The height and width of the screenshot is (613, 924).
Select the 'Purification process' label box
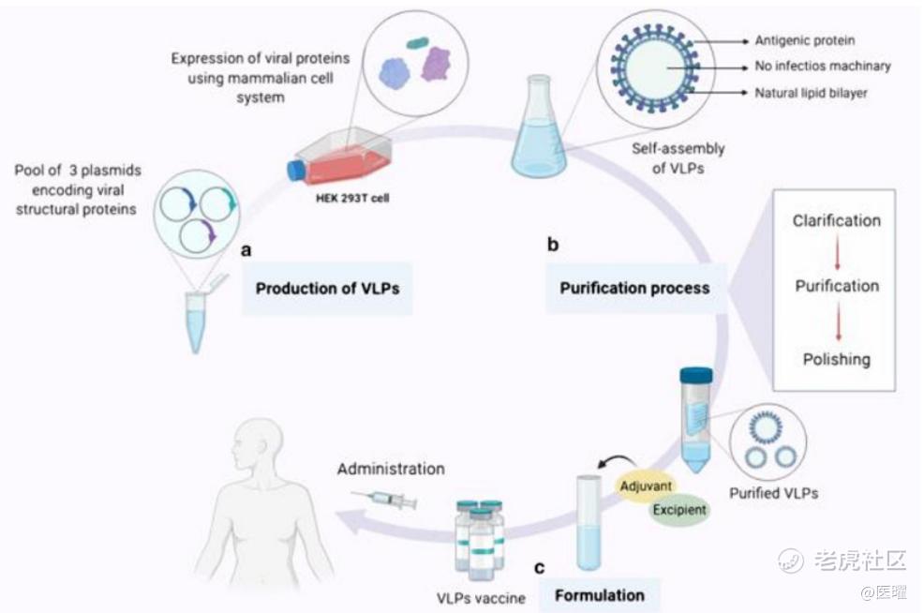point(634,288)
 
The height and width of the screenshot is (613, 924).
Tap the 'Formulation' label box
point(600,594)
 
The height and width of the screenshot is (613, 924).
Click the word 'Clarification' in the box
point(836,221)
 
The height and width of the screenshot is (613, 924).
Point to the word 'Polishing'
point(836,359)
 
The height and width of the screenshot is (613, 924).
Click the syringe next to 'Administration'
point(383,500)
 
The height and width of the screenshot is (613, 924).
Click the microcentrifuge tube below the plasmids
point(196,319)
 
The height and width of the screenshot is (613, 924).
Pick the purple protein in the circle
point(436,65)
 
